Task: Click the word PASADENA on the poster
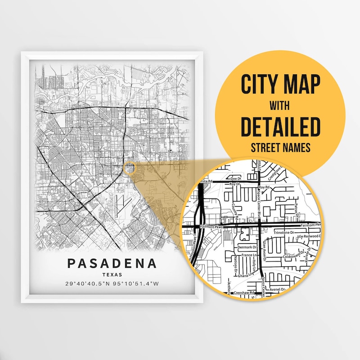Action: coord(113,263)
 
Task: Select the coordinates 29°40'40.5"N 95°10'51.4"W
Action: coord(113,283)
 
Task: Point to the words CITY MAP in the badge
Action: coord(280,84)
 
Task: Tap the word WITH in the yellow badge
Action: coord(280,107)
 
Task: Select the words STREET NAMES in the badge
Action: coord(280,148)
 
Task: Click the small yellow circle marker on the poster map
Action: coord(130,168)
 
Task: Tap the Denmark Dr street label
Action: coord(247,247)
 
